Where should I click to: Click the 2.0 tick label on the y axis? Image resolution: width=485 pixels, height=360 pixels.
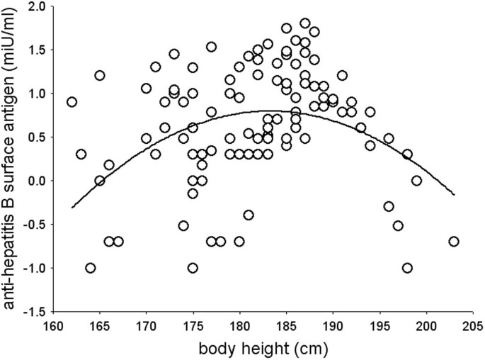tap(38, 6)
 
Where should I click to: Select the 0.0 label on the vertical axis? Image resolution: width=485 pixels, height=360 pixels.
tap(38, 181)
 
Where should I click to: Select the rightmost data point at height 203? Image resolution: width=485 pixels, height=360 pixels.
tap(454, 242)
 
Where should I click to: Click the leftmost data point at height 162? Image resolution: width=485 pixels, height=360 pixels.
tap(72, 102)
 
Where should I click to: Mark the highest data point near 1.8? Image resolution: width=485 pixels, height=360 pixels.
tap(305, 23)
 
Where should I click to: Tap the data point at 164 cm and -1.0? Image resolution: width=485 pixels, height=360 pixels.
tap(90, 268)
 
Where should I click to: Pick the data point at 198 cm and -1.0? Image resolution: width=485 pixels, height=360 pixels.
tap(407, 268)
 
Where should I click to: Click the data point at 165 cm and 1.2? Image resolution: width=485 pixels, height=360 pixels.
tap(100, 76)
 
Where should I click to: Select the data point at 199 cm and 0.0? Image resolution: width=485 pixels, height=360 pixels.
tap(416, 181)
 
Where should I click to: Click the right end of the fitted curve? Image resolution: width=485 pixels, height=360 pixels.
tap(454, 194)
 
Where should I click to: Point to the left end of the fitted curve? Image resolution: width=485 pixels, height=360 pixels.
tap(72, 208)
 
